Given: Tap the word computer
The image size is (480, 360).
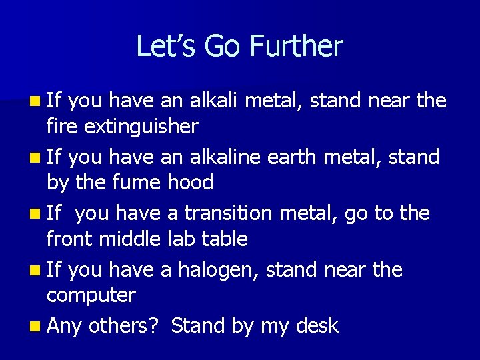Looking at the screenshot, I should (x=91, y=294).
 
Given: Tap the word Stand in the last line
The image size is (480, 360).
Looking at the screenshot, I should (x=198, y=325).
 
